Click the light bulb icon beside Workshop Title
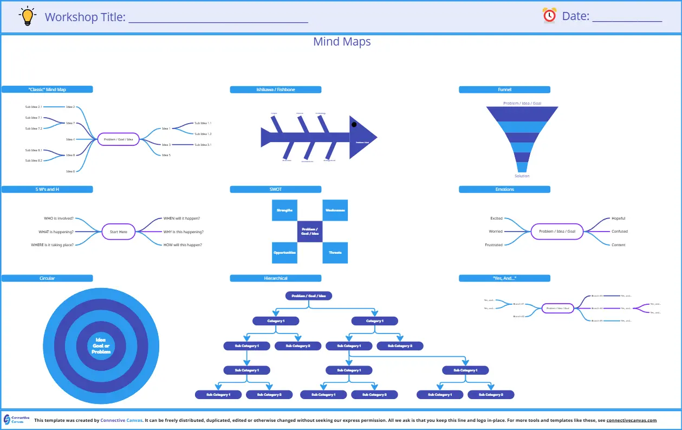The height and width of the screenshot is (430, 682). (x=27, y=16)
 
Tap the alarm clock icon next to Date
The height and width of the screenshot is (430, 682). (x=549, y=15)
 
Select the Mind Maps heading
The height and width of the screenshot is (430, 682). (x=342, y=42)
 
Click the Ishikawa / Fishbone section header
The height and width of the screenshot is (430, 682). (x=275, y=89)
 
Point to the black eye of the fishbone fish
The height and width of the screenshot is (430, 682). (x=354, y=125)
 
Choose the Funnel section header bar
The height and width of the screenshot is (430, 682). (x=504, y=89)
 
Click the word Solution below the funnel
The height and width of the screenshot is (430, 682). (x=522, y=176)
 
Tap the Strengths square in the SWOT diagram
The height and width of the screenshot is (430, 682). (x=284, y=210)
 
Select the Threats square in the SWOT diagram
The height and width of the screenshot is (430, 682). (x=335, y=252)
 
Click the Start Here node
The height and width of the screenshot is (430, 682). (x=119, y=232)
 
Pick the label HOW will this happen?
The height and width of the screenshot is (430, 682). (x=183, y=245)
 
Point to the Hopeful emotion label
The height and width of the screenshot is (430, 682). (x=618, y=219)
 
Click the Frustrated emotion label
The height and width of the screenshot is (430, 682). (x=493, y=245)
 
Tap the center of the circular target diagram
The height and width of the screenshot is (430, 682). (x=101, y=345)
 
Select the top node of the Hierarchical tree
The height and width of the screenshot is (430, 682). (x=309, y=296)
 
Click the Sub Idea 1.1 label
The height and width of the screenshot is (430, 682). (x=203, y=123)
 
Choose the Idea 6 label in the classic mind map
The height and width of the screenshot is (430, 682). (x=70, y=171)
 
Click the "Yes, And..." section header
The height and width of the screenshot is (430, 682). (x=504, y=278)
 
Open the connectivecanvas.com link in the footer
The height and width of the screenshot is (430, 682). (x=631, y=420)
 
